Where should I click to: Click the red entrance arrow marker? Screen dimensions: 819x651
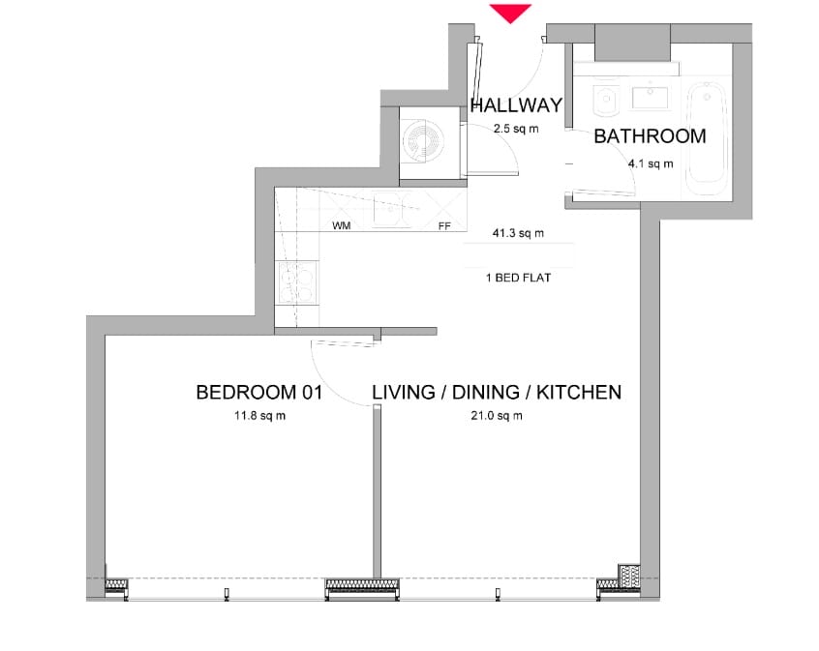pos(510,13)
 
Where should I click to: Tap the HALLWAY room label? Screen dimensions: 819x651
pos(516,105)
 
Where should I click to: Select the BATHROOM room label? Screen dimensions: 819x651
pos(650,136)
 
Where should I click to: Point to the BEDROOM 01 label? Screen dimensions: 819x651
pos(259,392)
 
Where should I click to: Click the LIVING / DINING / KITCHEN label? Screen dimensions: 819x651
pos(497,392)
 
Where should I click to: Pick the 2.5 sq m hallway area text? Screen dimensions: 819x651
pos(516,129)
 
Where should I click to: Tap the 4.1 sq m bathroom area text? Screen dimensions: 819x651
pos(651,163)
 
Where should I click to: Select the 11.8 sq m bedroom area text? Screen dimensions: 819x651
pos(259,416)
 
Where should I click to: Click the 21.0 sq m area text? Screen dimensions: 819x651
pos(497,416)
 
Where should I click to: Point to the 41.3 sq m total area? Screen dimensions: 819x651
pos(518,233)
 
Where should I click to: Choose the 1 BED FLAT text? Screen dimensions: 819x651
pos(518,278)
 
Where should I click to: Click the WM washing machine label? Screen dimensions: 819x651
pos(341,226)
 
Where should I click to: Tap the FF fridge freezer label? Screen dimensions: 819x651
pos(444,226)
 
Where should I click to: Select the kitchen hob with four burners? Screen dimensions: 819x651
pos(298,282)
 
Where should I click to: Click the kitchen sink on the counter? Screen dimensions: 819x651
pos(392,209)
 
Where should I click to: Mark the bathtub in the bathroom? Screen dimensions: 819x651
pos(706,138)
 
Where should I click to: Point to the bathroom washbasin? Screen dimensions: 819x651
pos(651,96)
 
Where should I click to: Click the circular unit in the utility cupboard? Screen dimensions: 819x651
pos(423,141)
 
